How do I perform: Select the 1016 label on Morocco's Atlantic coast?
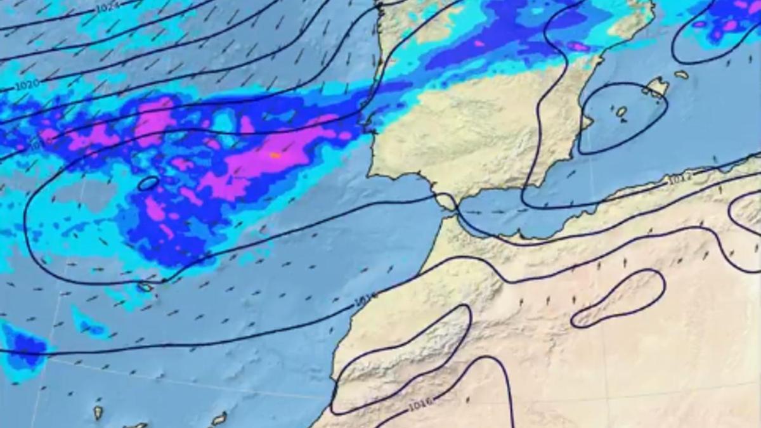tap(366, 297)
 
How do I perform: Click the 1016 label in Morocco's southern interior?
tap(420, 403)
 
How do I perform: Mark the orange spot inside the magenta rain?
tap(275, 155)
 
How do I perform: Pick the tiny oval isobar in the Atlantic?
tap(148, 183)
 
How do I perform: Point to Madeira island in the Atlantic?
tap(146, 287)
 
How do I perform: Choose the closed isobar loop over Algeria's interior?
tap(618, 298)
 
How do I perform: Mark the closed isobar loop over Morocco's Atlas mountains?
tap(406, 355)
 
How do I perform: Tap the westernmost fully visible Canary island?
tap(98, 413)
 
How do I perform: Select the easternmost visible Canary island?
tap(219, 418)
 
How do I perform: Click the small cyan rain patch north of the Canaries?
tap(89, 325)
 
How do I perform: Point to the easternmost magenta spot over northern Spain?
tap(578, 46)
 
